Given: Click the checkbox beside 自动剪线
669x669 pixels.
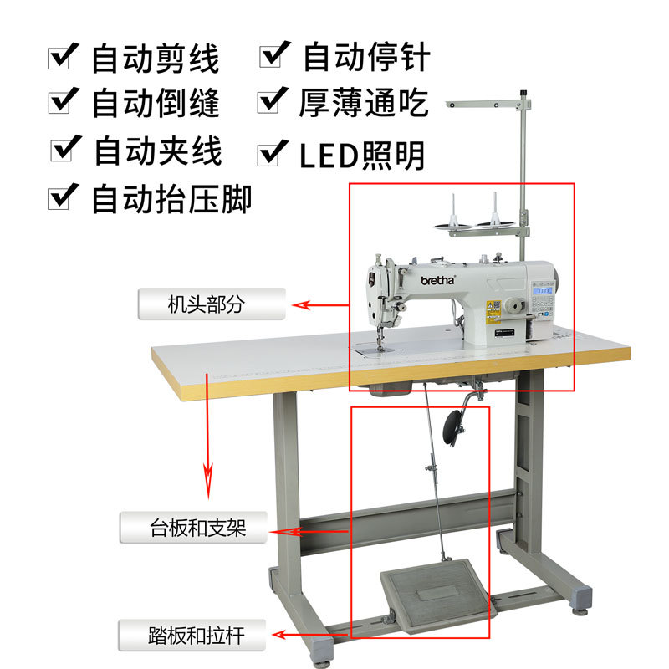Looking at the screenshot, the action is pos(63,56).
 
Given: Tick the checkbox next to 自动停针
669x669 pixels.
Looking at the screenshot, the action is pos(274,54).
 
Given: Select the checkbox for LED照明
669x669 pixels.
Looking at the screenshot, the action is pos(273,153).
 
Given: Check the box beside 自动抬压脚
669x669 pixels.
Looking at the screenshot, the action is pos(63,197).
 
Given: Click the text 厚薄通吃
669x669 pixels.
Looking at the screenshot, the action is pos(363,103).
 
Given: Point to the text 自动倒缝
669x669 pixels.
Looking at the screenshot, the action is pos(156,103).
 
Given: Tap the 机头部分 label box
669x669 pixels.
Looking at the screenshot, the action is pos(212,304).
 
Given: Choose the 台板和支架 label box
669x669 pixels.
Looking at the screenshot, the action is pos(193,528).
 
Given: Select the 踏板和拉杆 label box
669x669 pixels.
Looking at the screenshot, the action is pos(192,636).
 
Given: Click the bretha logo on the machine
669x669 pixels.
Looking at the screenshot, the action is pos(438,280).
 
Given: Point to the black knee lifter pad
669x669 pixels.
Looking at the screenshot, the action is pos(452,427).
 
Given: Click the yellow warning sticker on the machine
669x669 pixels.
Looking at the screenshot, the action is pos(493,311).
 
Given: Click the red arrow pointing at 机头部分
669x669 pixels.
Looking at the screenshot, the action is pos(321,305).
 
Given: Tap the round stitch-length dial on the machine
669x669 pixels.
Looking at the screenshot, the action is pos(515,306).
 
